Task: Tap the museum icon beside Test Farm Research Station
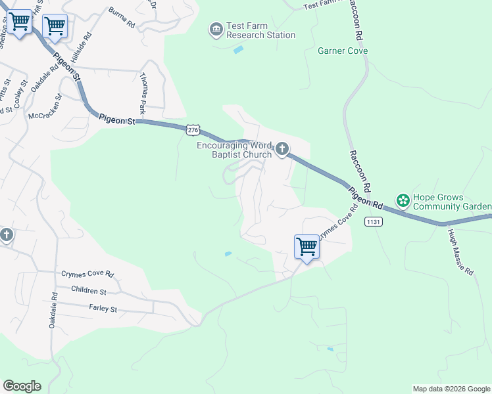216,30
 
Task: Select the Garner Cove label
343,51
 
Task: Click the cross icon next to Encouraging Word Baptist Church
282,150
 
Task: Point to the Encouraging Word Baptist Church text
235,150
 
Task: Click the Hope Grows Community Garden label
447,202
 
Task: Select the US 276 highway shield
192,131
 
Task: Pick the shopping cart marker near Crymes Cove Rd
307,248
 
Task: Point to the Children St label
88,291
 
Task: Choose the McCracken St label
45,106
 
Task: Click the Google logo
22,386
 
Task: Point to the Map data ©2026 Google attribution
452,389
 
